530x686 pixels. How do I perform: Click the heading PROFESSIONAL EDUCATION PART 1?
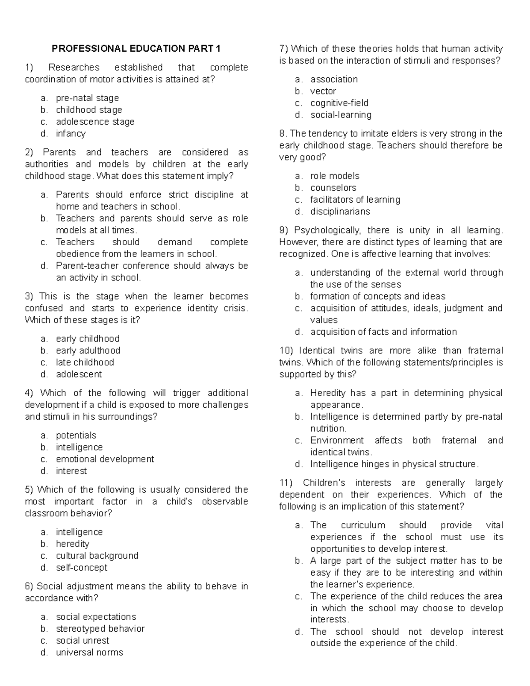136,49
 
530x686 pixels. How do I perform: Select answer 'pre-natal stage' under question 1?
87,98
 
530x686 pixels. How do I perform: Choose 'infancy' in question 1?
71,133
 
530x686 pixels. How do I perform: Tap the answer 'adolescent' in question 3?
79,374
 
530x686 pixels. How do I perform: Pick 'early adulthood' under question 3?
88,350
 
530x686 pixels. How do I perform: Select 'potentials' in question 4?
76,435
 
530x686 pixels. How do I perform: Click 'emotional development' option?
105,459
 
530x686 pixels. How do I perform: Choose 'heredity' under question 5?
72,544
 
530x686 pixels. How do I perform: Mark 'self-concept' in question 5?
81,568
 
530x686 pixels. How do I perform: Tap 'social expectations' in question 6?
96,617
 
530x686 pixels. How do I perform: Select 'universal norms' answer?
89,652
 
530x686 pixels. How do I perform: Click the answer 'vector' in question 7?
323,91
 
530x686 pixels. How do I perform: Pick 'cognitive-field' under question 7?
339,103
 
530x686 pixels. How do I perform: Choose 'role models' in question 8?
335,176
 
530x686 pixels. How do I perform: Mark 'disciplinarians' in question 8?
340,211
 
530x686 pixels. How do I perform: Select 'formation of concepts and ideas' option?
378,296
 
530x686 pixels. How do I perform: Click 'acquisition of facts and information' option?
383,332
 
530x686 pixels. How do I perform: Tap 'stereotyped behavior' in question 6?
100,629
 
